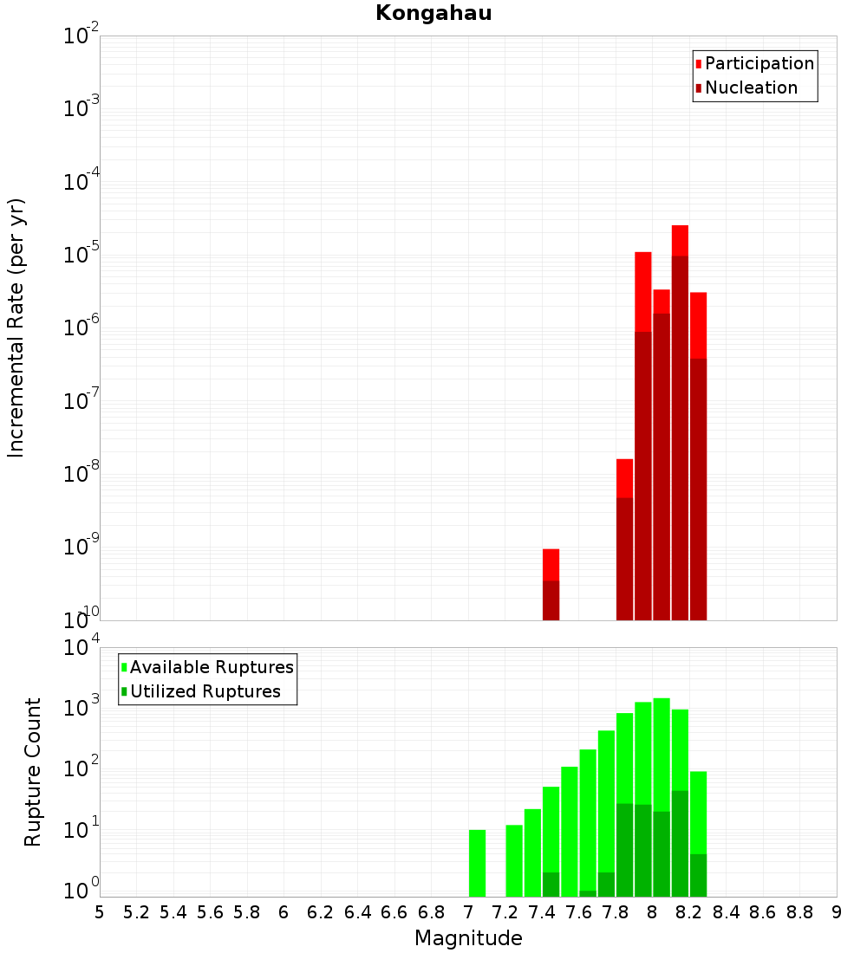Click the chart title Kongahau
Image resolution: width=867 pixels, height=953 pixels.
[x=433, y=13]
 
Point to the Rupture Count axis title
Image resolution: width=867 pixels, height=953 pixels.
[x=33, y=771]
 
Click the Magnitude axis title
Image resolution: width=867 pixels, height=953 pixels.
[x=468, y=938]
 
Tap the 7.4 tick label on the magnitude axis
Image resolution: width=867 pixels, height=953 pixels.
[x=542, y=912]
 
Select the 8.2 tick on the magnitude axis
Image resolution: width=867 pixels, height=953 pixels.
[x=689, y=912]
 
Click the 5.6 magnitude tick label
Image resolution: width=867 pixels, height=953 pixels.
[x=211, y=912]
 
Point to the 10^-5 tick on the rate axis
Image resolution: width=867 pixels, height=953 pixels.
[x=81, y=255]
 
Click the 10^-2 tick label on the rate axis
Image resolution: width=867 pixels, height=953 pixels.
[x=81, y=36]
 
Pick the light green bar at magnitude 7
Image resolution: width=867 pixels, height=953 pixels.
[x=477, y=863]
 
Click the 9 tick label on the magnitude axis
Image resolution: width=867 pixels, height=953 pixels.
[x=837, y=912]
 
